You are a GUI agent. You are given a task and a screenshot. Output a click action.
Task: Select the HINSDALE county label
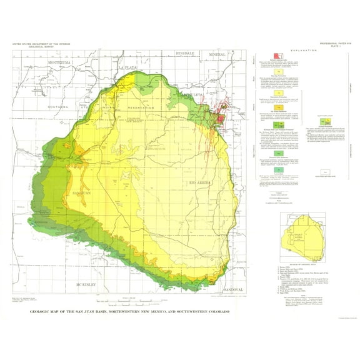[187, 54]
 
